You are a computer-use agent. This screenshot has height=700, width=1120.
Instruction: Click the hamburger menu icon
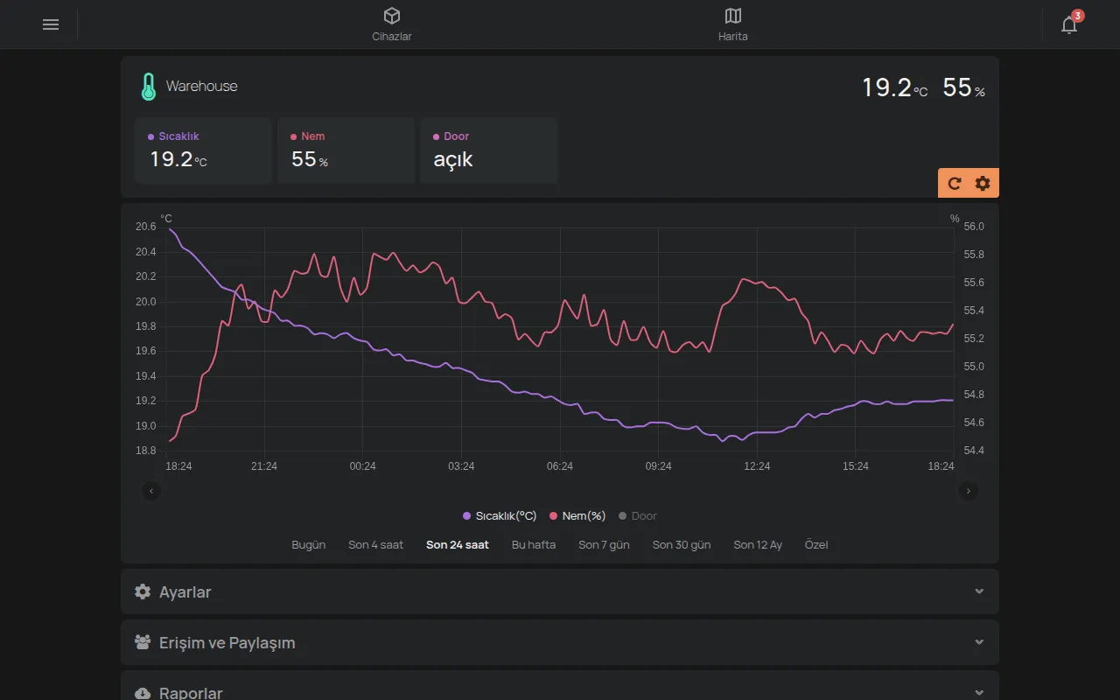pyautogui.click(x=51, y=24)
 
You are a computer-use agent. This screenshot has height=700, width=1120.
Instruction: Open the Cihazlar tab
pyautogui.click(x=391, y=24)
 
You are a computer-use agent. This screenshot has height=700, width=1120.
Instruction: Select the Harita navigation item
pyautogui.click(x=732, y=24)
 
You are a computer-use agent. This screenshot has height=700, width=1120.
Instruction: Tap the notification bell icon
pyautogui.click(x=1069, y=24)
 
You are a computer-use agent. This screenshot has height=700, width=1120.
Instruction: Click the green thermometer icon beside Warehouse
pyautogui.click(x=149, y=87)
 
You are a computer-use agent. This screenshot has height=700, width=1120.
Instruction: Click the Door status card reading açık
pyautogui.click(x=488, y=150)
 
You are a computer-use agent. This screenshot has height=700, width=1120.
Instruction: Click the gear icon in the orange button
pyautogui.click(x=983, y=184)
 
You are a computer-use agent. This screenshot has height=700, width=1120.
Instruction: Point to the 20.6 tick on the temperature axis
pyautogui.click(x=145, y=227)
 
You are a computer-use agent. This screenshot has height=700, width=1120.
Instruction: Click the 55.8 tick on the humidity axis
pyautogui.click(x=974, y=255)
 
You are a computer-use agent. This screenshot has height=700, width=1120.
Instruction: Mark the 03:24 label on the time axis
pyautogui.click(x=461, y=466)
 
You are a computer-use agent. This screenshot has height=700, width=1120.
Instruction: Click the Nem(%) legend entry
pyautogui.click(x=577, y=515)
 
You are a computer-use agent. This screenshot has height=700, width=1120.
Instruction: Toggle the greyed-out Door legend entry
pyautogui.click(x=638, y=515)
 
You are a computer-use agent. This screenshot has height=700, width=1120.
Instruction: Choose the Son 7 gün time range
pyautogui.click(x=604, y=544)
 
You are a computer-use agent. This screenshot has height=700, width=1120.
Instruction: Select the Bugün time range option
pyautogui.click(x=308, y=544)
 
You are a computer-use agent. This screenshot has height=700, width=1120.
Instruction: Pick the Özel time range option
pyautogui.click(x=816, y=544)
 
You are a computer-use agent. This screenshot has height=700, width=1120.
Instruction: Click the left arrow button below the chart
pyautogui.click(x=151, y=491)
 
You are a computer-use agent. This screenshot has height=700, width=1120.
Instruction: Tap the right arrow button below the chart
pyautogui.click(x=968, y=491)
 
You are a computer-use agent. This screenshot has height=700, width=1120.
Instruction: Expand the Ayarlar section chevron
pyautogui.click(x=979, y=591)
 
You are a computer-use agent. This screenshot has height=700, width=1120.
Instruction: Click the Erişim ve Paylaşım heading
pyautogui.click(x=227, y=642)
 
